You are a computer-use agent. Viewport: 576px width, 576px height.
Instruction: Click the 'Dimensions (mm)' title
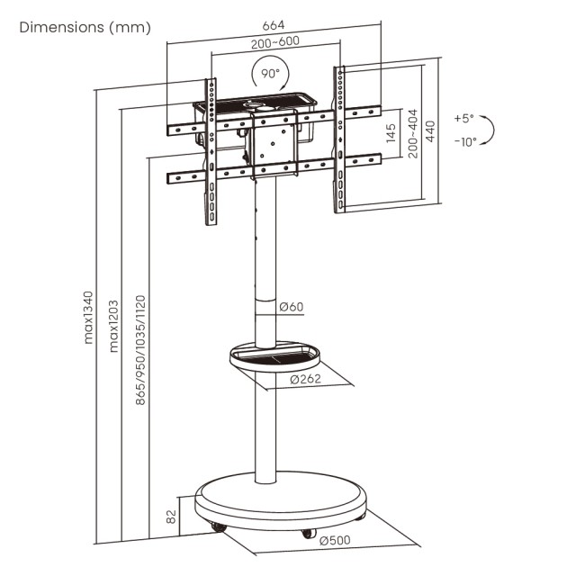click(85, 27)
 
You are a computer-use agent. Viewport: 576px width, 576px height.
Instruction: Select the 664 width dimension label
click(274, 24)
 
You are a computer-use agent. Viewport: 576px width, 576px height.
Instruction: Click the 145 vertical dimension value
click(391, 135)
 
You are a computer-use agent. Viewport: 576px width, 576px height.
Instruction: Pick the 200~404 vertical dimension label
click(413, 135)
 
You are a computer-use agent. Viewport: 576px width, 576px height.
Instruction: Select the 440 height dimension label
click(432, 134)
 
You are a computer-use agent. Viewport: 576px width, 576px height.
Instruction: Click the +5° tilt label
click(463, 118)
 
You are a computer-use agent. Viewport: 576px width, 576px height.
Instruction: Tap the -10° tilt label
click(464, 141)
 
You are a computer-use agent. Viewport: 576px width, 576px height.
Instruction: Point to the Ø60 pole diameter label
click(291, 308)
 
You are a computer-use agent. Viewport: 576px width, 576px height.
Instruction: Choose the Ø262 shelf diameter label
click(306, 380)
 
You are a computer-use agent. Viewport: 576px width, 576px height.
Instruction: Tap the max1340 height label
click(88, 317)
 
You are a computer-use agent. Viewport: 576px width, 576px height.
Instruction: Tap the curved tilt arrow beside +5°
click(488, 131)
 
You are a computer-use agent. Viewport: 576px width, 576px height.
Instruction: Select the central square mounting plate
click(272, 144)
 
